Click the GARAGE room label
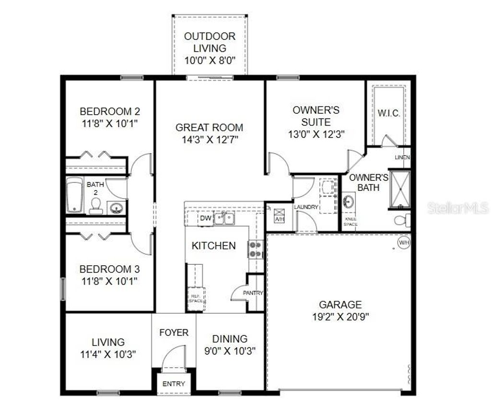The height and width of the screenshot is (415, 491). (x=340, y=305)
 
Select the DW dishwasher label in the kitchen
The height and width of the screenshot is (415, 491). (x=206, y=219)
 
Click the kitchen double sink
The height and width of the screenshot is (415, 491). (x=224, y=219)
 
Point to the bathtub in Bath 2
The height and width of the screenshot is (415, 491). (x=74, y=195)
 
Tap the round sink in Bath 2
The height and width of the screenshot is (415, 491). (x=116, y=208)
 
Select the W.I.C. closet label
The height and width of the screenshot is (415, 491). (x=388, y=114)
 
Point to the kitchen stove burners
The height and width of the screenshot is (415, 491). (x=255, y=249)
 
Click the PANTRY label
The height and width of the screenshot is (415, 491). (x=253, y=293)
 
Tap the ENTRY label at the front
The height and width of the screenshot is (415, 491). (x=174, y=384)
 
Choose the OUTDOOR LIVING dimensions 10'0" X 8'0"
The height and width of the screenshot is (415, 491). (x=210, y=61)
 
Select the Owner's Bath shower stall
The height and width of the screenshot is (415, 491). (x=400, y=189)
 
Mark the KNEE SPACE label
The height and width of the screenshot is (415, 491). (x=350, y=221)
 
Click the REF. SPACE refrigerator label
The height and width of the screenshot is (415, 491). (x=195, y=298)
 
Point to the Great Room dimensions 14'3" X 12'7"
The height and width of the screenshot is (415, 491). (x=210, y=140)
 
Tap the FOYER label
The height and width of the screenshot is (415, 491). (x=174, y=332)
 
